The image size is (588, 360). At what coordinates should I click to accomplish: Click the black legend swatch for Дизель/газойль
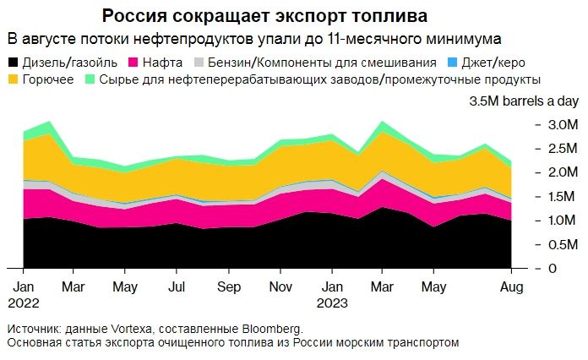click(13, 63)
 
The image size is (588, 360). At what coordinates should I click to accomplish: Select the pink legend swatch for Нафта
click(133, 63)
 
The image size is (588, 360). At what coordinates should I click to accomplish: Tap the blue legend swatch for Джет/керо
click(452, 63)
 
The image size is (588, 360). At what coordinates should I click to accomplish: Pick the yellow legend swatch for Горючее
click(13, 79)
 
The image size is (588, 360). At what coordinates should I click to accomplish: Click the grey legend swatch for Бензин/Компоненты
click(199, 63)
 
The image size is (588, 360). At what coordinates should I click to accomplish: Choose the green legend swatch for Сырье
click(90, 79)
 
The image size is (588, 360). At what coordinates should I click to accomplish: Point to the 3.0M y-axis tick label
click(563, 125)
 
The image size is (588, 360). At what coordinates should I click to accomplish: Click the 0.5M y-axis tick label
click(563, 245)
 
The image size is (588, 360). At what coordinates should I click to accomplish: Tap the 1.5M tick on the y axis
click(563, 197)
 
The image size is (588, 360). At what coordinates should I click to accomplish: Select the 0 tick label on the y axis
click(551, 269)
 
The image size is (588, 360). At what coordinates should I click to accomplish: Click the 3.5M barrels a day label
click(524, 101)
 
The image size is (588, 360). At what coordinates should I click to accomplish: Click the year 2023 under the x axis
click(332, 302)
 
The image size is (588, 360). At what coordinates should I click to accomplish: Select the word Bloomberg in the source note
click(271, 329)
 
